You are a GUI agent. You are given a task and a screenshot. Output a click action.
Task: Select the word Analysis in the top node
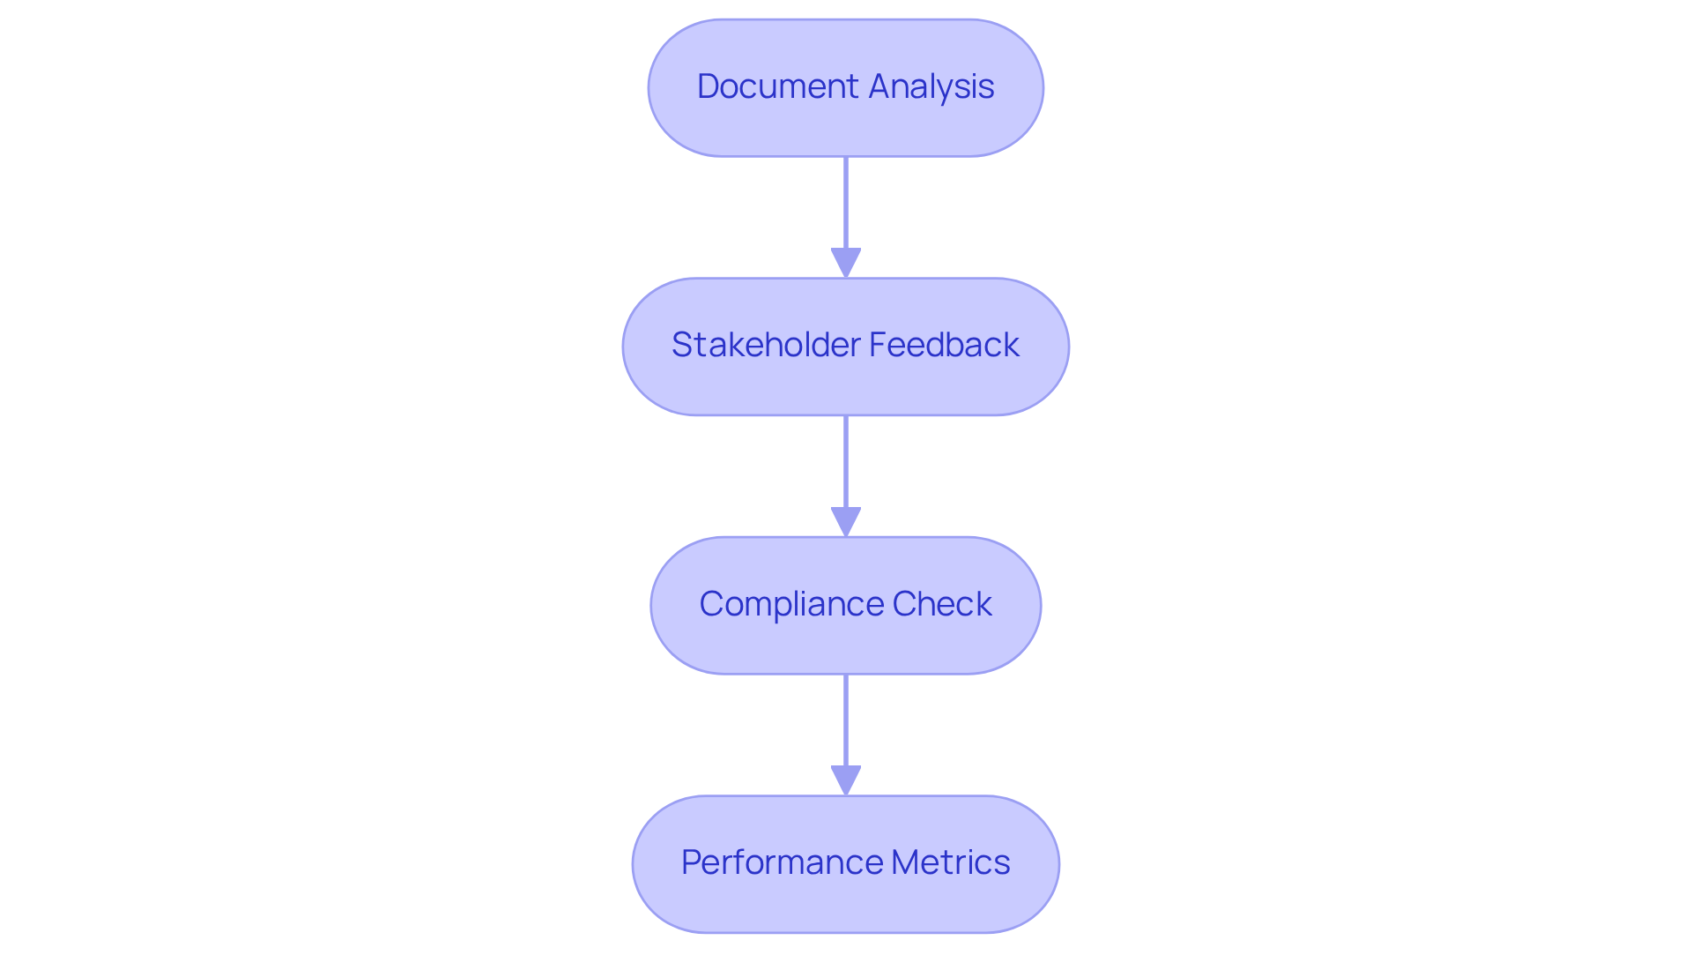coord(931,86)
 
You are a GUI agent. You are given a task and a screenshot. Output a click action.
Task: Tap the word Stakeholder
coord(765,345)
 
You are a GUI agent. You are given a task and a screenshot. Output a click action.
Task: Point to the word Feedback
coord(944,345)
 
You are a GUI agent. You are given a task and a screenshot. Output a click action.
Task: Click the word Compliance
coord(790,604)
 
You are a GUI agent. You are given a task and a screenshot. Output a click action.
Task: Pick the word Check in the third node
coord(942,604)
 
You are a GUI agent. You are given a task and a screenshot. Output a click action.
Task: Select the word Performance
coord(781,862)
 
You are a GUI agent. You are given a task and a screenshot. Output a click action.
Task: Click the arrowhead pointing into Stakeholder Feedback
coord(846,263)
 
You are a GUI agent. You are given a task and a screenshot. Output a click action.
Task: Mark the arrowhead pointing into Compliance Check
coord(846,521)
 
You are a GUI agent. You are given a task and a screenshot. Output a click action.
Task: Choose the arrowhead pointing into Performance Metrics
coord(846,780)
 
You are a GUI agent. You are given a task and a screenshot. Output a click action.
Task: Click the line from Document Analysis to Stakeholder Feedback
coord(846,203)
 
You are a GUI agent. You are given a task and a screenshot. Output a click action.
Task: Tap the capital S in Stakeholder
coord(682,345)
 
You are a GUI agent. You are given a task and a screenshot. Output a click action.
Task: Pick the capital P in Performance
coord(692,862)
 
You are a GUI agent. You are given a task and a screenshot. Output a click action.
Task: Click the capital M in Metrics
coord(905,862)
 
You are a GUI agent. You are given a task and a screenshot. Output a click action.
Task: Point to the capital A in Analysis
coord(880,86)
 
